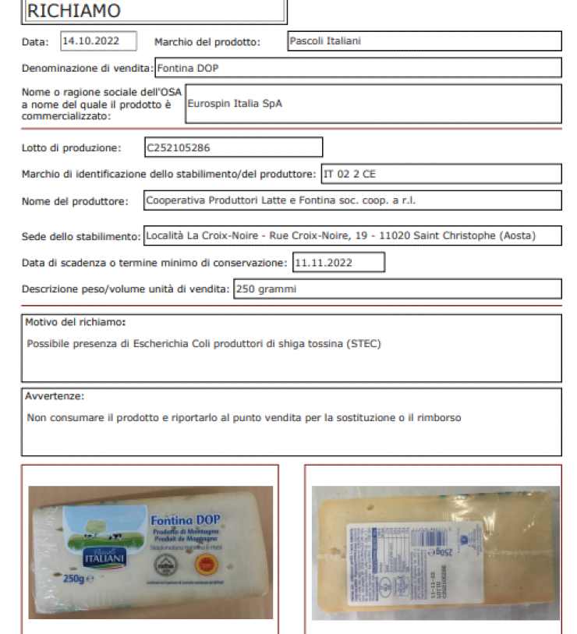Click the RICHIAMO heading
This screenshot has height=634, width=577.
click(x=74, y=11)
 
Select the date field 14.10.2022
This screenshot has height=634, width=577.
click(x=98, y=41)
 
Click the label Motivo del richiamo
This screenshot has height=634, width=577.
click(x=75, y=321)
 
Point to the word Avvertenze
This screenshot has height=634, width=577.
click(x=55, y=396)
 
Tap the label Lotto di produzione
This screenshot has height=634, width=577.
click(x=71, y=147)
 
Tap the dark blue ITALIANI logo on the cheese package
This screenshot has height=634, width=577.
click(x=104, y=557)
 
